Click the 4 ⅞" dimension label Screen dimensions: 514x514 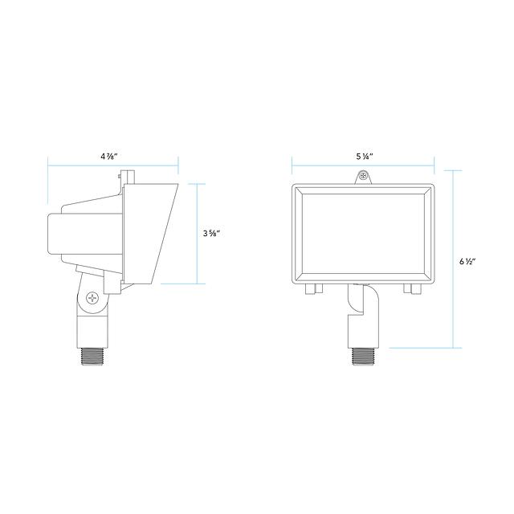pos(109,157)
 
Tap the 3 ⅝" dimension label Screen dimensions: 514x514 pos(211,234)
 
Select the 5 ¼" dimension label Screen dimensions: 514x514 pos(365,157)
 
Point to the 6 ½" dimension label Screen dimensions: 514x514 pos(467,261)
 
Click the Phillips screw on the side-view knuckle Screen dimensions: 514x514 pos(93,298)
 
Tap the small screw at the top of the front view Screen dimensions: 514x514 pos(363,176)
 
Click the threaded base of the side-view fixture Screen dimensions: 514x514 pos(92,356)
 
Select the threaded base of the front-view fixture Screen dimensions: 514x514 pos(363,356)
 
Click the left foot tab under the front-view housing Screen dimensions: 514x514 pos(314,289)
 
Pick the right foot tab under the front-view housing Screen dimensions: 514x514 pos(412,289)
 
